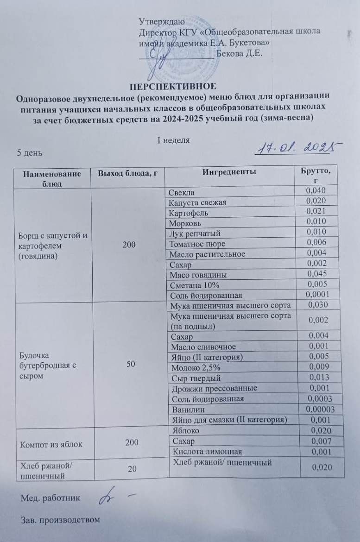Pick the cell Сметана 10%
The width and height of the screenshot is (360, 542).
pos(190,284)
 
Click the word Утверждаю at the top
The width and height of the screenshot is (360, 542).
pos(162,21)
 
